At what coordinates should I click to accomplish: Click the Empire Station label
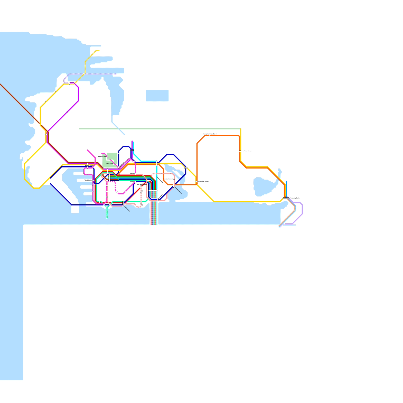click(x=127, y=209)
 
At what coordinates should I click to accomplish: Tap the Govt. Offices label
click(x=110, y=163)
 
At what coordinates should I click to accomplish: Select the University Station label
click(x=295, y=198)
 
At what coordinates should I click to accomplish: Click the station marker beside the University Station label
click(x=286, y=198)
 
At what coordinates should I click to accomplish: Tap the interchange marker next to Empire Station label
click(x=123, y=203)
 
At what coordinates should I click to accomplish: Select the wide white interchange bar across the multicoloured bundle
click(x=153, y=190)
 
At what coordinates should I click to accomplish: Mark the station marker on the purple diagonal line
click(x=67, y=112)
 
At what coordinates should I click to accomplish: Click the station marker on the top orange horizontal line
click(x=209, y=136)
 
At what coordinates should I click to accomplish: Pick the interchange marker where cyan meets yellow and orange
click(x=157, y=163)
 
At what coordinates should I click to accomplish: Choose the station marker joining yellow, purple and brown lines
click(x=46, y=134)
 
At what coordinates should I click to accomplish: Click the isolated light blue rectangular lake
click(x=157, y=96)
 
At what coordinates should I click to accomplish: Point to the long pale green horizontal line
click(x=160, y=129)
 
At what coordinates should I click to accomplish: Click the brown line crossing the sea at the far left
click(x=18, y=101)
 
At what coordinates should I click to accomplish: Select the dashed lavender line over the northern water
click(x=101, y=74)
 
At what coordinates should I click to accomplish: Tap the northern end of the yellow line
click(x=99, y=50)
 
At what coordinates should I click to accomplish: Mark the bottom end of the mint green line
click(x=107, y=217)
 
